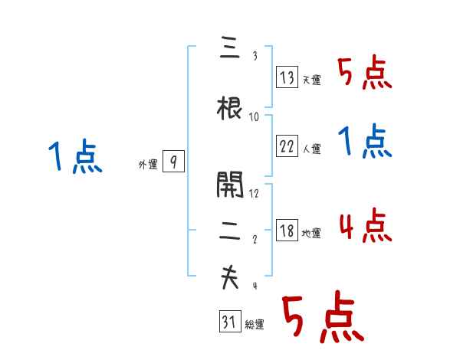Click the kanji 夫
coord(230,278)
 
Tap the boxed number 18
coord(287,231)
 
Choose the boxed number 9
coord(174,162)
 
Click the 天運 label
coord(311,80)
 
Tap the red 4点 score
coord(365,226)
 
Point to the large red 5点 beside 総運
coord(322,319)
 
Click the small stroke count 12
coord(255,193)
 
